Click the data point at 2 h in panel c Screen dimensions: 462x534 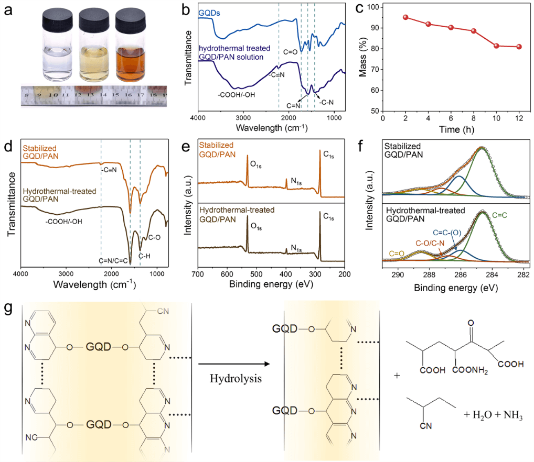pos(405,17)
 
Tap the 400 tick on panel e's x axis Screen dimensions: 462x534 pos(286,273)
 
